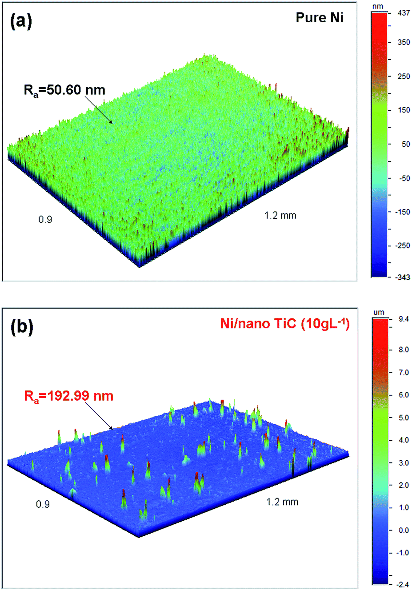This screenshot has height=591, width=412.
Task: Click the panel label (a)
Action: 21,21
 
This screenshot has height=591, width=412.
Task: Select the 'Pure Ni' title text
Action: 320,18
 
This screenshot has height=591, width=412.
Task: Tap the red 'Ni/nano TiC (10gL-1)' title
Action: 285,323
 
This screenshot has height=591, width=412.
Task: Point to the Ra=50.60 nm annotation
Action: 64,90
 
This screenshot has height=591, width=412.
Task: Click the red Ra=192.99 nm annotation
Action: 68,396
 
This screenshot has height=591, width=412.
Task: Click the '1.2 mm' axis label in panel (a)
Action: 280,216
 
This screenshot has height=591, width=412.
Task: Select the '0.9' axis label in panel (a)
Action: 45,220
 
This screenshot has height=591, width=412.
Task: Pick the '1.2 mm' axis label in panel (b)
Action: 282,502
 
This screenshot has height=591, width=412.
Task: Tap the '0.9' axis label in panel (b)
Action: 43,504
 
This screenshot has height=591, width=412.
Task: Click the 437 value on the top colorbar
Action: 404,14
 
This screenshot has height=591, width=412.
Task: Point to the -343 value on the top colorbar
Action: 402,277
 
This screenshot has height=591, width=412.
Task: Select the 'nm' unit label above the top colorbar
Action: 378,6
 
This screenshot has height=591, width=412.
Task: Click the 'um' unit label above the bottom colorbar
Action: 379,312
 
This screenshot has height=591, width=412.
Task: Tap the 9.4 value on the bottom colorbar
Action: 404,319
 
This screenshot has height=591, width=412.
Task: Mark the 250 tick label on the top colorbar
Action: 403,76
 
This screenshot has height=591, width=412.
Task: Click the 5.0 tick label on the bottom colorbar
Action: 404,418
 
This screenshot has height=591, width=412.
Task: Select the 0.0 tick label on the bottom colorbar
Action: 404,530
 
